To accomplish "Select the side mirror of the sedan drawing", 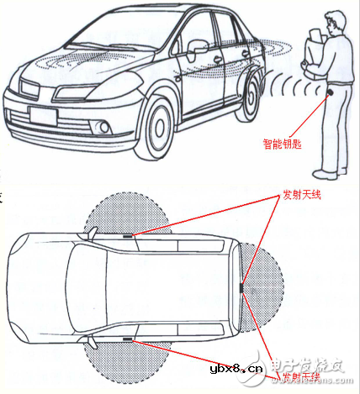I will (x=197, y=47).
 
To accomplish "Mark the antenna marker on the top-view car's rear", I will (x=241, y=288).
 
